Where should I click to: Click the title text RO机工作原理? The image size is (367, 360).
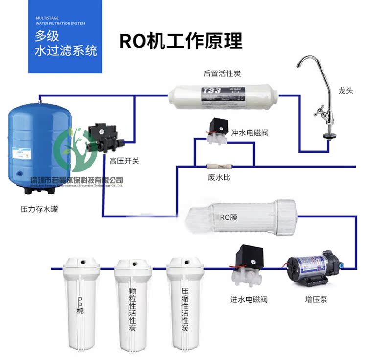point(181,41)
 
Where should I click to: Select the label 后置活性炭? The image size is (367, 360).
point(222,74)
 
